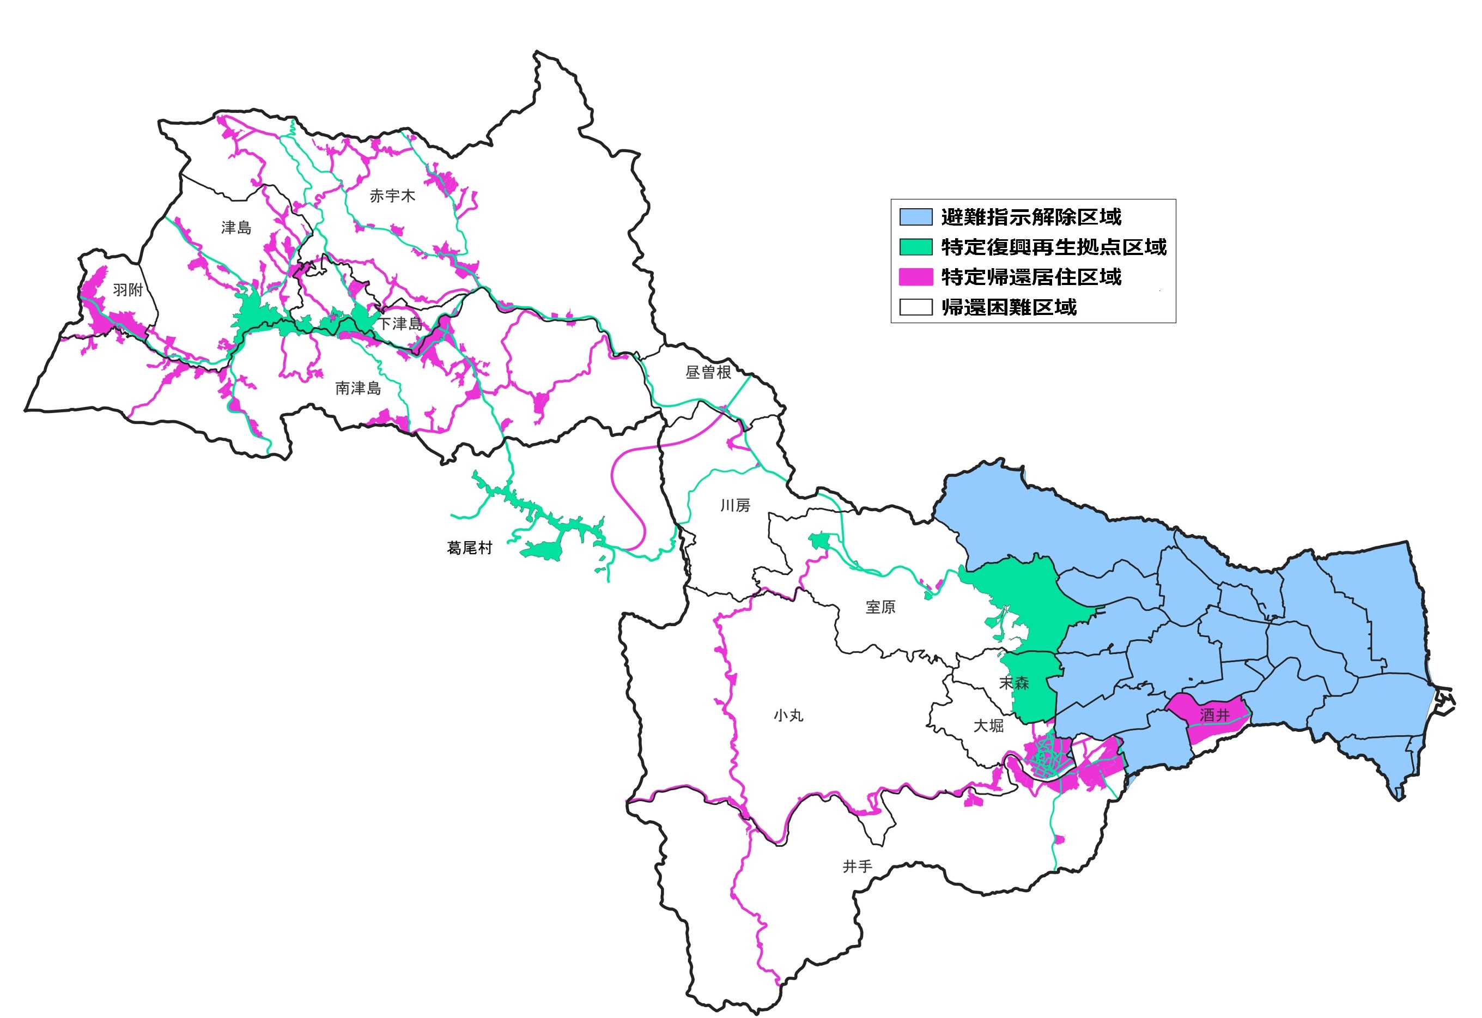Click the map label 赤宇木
[x=392, y=196]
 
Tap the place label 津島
[x=236, y=228]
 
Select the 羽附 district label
[x=127, y=290]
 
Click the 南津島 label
[x=358, y=388]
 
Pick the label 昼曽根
[x=708, y=373]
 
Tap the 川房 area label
[x=734, y=506]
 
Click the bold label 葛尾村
[x=469, y=548]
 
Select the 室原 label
[x=880, y=607]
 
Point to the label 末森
[x=1014, y=683]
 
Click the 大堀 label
[x=988, y=726]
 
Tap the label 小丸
[x=788, y=716]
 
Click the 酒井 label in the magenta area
[x=1214, y=715]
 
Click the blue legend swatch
[x=916, y=217]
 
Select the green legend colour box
[x=916, y=247]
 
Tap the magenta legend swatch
[x=916, y=277]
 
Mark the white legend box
[x=916, y=307]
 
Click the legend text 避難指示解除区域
[x=1031, y=217]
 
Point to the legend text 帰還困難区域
[x=1009, y=307]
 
